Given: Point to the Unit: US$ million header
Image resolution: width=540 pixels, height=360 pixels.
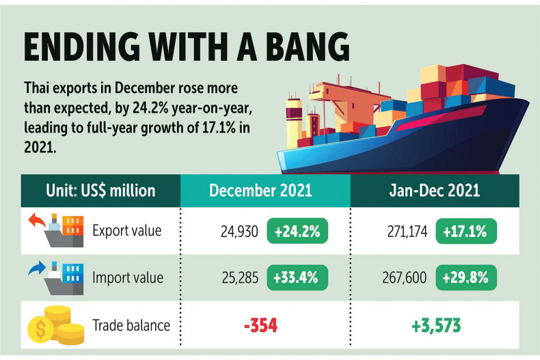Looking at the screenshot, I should pyautogui.click(x=100, y=189).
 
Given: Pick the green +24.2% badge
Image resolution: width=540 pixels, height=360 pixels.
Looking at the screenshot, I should pyautogui.click(x=298, y=232).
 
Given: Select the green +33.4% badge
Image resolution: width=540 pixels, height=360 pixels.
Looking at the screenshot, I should pyautogui.click(x=298, y=278).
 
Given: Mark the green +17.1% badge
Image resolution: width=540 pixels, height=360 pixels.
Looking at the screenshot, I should pyautogui.click(x=467, y=232).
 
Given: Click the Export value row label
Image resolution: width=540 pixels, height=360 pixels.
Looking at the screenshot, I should pyautogui.click(x=127, y=231).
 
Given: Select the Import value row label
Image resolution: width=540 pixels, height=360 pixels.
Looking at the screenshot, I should pyautogui.click(x=127, y=278).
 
